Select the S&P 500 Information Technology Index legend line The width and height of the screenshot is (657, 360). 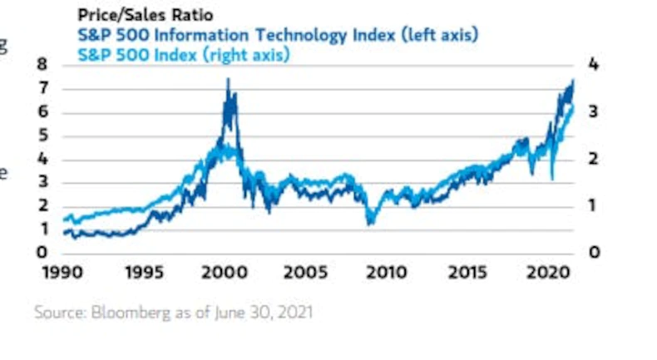pos(279,35)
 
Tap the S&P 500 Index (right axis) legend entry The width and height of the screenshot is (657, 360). pos(184,55)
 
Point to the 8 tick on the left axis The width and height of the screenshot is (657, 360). pos(43,65)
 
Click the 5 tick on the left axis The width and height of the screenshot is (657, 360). pos(43,136)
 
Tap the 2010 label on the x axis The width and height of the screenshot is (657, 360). pos(386,273)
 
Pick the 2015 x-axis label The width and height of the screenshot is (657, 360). pos(467,273)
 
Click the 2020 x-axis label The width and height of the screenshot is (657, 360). pos(547,273)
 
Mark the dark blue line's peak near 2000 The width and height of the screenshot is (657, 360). pos(228,80)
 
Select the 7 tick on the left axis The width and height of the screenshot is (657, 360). pos(43,88)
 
